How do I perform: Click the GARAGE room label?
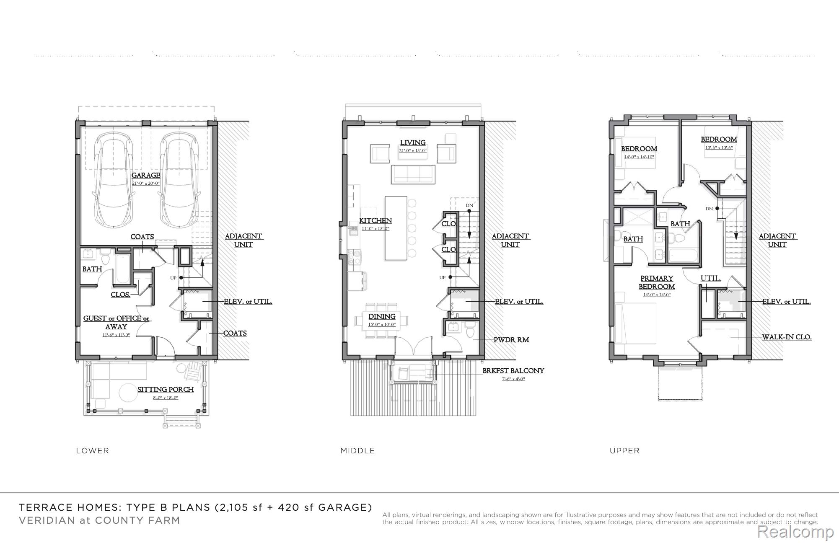146,175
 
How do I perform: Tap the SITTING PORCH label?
166,390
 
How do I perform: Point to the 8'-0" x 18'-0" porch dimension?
166,398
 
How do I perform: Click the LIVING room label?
413,143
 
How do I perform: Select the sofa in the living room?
413,174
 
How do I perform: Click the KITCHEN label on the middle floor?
375,220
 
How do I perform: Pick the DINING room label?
382,317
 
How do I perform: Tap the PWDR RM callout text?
511,340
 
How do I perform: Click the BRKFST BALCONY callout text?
513,371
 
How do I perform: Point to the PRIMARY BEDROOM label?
657,282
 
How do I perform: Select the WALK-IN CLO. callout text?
787,337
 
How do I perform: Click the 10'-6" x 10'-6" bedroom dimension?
719,147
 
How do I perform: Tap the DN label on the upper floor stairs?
709,209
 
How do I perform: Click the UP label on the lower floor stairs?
173,278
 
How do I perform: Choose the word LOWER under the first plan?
93,451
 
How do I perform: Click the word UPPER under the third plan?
624,451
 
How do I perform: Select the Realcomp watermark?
795,532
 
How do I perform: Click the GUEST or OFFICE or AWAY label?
116,323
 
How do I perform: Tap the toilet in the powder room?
470,331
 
